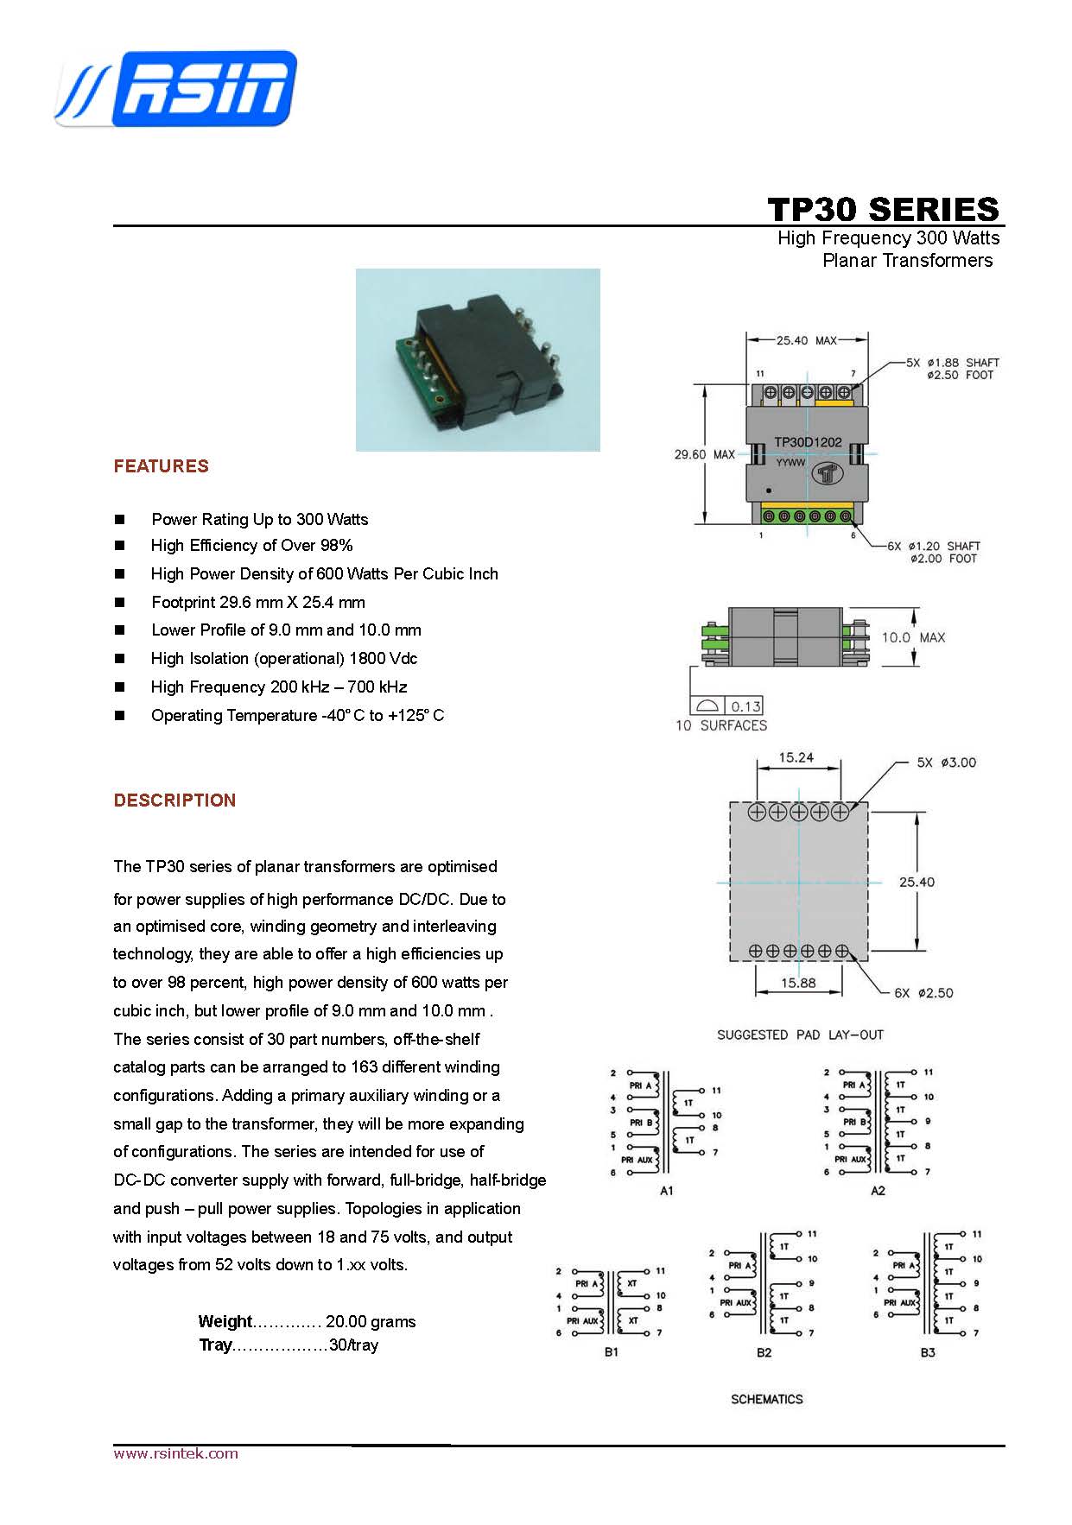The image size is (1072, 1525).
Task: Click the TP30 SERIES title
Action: (883, 210)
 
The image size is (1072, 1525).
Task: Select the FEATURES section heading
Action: (162, 466)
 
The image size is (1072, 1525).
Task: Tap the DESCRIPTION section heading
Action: (174, 800)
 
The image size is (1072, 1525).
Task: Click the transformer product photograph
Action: (478, 359)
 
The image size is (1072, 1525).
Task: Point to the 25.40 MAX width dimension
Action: (806, 340)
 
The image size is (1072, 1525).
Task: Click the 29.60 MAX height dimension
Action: (704, 454)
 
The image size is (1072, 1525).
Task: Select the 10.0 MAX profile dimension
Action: (913, 637)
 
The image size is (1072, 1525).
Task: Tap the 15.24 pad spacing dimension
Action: (796, 757)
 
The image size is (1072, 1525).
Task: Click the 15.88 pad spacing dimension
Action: (798, 983)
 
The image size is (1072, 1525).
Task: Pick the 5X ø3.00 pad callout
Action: (946, 762)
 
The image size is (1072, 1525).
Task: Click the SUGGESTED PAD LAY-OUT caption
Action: (800, 1035)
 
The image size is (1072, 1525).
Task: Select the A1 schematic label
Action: (666, 1191)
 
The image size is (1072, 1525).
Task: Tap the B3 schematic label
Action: (927, 1352)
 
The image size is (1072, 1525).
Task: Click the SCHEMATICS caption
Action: (766, 1399)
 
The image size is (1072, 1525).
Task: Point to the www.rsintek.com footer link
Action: (175, 1453)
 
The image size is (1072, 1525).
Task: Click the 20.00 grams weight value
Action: (371, 1321)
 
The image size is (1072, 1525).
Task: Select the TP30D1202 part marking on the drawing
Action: (808, 442)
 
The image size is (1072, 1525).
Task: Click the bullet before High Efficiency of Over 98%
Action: (119, 546)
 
